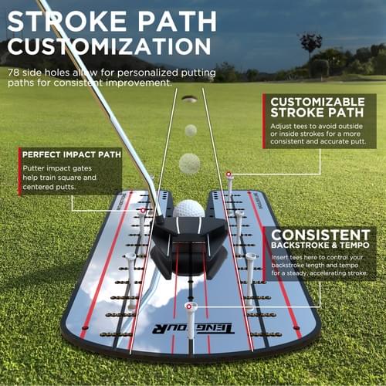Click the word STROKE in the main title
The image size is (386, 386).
click(x=67, y=22)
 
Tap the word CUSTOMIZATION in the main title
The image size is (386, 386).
click(x=110, y=46)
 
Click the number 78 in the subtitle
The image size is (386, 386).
click(x=13, y=73)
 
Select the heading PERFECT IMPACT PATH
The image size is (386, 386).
click(x=72, y=154)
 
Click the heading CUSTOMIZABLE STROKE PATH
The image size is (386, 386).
click(x=317, y=107)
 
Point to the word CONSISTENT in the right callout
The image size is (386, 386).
click(x=320, y=235)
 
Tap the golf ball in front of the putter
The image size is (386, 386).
click(x=189, y=209)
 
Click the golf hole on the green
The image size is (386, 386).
click(x=189, y=99)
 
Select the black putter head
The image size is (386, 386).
click(x=189, y=247)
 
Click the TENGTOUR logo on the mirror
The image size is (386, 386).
click(x=193, y=328)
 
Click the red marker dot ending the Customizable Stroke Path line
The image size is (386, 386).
click(x=229, y=174)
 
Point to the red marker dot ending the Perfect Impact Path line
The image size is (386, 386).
click(x=143, y=211)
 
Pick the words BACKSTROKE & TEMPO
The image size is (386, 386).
click(x=320, y=245)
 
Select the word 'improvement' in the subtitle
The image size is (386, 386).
click(x=138, y=83)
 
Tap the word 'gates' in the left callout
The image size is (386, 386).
click(x=82, y=168)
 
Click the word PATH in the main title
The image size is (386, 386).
click(x=178, y=22)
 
